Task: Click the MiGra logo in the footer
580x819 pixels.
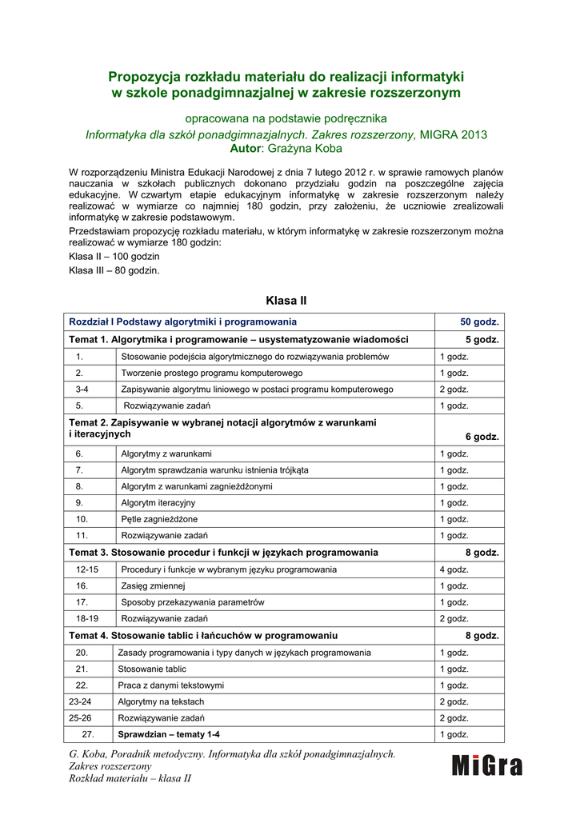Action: pos(486,765)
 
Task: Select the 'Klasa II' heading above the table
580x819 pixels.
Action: pos(286,301)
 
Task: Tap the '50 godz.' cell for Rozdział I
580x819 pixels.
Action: pos(479,322)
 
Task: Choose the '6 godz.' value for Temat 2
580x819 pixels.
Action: pos(482,437)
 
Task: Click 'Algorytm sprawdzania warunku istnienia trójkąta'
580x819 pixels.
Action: pos(214,470)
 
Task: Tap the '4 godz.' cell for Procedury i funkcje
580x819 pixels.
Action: pos(454,569)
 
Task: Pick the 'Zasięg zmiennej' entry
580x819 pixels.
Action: pos(153,585)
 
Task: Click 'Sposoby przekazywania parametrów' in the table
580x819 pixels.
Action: pos(193,602)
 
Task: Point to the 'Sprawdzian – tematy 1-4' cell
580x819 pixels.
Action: pos(169,734)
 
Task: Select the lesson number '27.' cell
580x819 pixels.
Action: pos(89,734)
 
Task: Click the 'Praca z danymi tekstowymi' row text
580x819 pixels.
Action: pos(170,685)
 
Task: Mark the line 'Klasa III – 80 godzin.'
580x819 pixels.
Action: pos(114,270)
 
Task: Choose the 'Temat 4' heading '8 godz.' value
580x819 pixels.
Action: pos(482,636)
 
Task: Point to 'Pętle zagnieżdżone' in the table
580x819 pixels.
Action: pos(159,519)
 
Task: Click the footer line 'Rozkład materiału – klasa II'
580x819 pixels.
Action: pos(130,779)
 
